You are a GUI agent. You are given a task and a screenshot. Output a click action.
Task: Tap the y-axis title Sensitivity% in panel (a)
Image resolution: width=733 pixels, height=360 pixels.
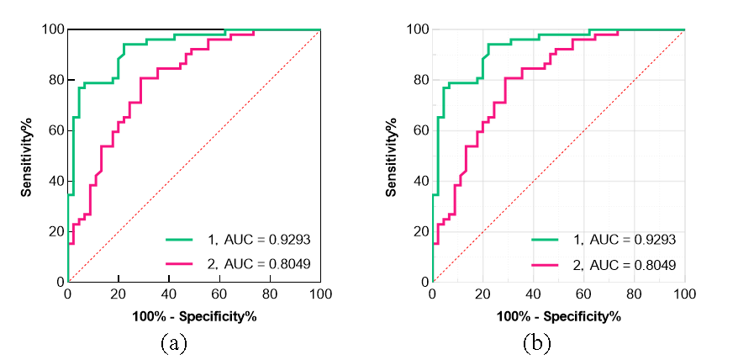tap(28, 156)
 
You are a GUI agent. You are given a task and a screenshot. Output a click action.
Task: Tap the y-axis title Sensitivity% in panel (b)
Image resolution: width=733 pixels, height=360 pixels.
tap(393, 156)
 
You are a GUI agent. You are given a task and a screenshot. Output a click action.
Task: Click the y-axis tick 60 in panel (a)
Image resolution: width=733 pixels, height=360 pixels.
tap(55, 130)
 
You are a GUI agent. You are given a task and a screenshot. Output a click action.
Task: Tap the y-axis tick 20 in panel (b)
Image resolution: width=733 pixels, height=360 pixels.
tap(419, 231)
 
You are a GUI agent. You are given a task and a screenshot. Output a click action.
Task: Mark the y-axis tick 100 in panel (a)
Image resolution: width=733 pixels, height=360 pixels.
tap(52, 29)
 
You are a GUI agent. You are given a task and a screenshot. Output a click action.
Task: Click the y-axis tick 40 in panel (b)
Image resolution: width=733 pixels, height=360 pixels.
tap(419, 181)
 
